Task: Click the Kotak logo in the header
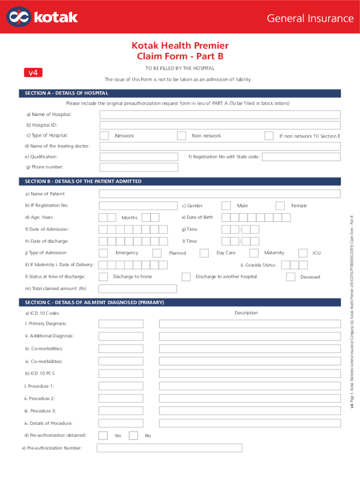point(42,17)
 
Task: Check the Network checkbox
point(104,136)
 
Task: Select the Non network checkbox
point(181,136)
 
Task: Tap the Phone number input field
point(139,167)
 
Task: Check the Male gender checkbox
point(226,206)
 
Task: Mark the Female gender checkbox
point(280,206)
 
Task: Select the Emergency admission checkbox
point(103,253)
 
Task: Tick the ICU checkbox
point(302,253)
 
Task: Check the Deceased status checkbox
point(290,276)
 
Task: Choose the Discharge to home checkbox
point(104,276)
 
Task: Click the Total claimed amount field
point(138,289)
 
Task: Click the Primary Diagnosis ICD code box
point(121,324)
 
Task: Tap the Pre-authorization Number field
point(169,448)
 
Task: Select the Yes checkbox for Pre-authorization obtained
point(104,435)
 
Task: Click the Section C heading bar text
point(94,303)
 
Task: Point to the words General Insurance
point(310,18)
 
